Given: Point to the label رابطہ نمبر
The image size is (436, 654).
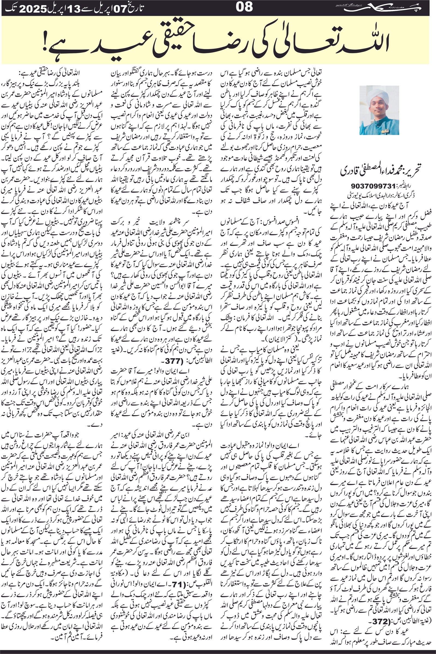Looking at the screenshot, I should pyautogui.click(x=400, y=185).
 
